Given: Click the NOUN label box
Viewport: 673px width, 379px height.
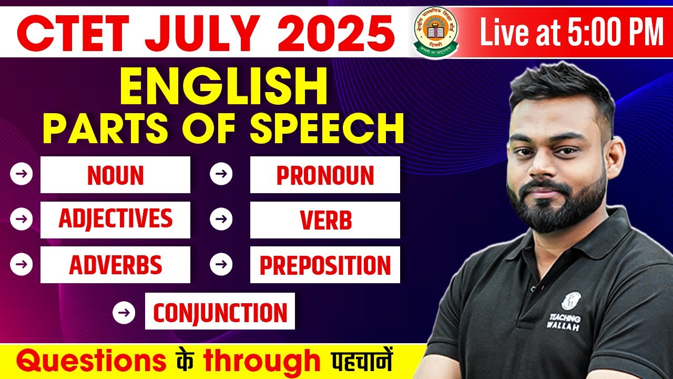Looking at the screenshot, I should coord(115,175).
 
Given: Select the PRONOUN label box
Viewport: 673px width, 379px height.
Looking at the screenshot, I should coord(325,175).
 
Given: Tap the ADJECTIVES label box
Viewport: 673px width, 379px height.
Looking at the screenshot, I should coord(115,220).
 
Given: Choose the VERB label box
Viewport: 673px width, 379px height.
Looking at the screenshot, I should coord(325,220).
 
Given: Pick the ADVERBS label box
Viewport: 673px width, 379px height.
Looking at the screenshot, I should coord(115,265).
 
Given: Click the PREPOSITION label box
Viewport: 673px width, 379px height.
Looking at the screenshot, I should coord(325,265).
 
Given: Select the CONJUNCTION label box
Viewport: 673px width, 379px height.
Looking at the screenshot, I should coord(220,312).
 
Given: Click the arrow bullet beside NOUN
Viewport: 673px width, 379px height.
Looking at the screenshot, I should coord(21,175).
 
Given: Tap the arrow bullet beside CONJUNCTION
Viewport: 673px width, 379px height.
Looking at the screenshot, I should coord(124,312).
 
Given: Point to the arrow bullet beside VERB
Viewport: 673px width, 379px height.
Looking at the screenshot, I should coord(221,220).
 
